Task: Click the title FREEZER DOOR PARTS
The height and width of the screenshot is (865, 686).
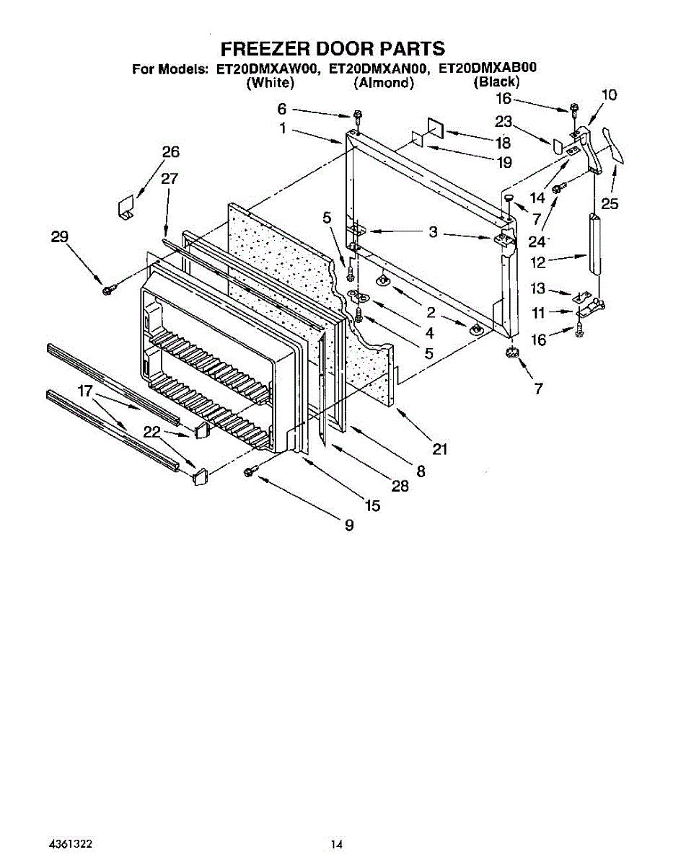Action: pos(333,49)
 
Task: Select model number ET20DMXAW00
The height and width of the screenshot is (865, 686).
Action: pos(267,70)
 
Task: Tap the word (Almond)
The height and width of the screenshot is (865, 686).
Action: pos(384,84)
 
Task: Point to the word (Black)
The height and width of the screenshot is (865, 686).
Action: pos(496,82)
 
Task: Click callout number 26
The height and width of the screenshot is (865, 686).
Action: pos(171,152)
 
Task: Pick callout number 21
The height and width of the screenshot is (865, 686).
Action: pos(439,449)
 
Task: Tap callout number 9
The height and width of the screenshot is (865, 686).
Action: pos(349,525)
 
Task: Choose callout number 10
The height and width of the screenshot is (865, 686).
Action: pos(609,94)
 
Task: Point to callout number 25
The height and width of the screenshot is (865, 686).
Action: pos(610,204)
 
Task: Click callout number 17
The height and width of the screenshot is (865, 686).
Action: pos(86,391)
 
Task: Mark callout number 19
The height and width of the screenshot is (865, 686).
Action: pos(504,162)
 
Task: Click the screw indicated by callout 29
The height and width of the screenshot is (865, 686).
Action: pos(109,289)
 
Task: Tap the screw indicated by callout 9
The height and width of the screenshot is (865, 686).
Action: pos(250,471)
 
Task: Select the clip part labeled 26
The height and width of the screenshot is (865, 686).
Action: pos(127,208)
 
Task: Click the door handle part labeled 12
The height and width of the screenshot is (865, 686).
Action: pos(594,244)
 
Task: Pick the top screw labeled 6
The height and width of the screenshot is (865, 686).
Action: pos(357,117)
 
